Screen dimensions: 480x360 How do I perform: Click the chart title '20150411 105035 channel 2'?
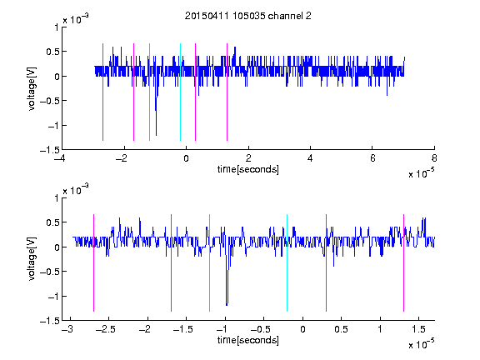coord(248,16)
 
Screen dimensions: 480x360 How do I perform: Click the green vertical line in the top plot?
coord(149,92)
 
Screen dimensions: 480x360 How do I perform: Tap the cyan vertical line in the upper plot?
coord(180,92)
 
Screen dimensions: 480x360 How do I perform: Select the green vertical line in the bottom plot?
coord(209,263)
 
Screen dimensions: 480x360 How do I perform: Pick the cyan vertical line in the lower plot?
coord(287,263)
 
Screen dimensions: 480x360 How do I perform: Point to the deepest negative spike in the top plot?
coord(156,135)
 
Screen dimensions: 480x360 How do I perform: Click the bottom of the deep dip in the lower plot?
coord(227,305)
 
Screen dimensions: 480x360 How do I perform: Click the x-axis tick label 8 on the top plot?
coord(434,158)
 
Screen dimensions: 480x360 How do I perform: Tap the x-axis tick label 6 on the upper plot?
coord(372,158)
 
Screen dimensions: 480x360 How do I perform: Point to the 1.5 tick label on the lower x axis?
coord(419,329)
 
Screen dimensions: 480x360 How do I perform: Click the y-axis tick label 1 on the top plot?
coord(57,27)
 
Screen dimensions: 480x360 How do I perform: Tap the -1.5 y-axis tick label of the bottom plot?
coord(50,321)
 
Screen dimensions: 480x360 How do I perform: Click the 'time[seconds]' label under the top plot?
coord(248,169)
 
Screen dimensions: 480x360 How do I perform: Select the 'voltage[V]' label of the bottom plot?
coord(32,258)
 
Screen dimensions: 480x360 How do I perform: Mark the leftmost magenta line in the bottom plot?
coord(93,263)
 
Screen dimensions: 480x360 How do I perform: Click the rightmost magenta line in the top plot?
coord(227,92)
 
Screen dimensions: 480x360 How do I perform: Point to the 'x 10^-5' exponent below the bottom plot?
coord(421,343)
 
